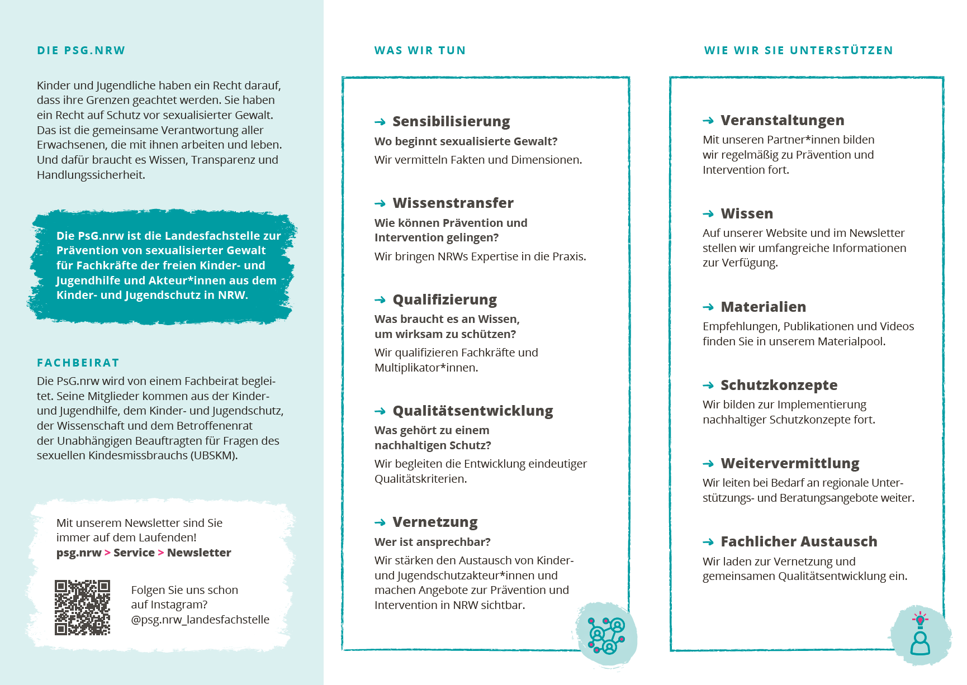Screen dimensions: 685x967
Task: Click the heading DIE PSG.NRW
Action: (81, 50)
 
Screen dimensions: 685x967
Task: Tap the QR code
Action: (82, 607)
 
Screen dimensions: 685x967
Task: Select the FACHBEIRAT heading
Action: (78, 363)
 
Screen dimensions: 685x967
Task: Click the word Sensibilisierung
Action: (451, 121)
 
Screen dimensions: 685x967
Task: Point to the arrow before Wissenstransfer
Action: (380, 203)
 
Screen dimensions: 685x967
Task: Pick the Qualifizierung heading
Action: (444, 299)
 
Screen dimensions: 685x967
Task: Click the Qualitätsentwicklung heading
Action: (472, 411)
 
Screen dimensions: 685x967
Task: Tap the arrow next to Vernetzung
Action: (380, 522)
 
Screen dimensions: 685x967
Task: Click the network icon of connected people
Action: (606, 635)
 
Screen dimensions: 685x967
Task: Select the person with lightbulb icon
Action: (919, 634)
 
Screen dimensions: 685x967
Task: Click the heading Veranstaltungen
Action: (782, 120)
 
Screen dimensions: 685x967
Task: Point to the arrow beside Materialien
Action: (708, 307)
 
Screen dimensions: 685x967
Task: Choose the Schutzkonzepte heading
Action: (779, 385)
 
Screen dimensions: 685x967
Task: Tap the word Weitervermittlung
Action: (790, 463)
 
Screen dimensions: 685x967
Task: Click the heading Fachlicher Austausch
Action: (799, 541)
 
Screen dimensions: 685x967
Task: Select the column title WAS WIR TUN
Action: (420, 50)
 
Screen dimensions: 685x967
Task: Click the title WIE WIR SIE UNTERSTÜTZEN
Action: (798, 50)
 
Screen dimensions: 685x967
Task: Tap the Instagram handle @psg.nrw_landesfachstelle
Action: (200, 620)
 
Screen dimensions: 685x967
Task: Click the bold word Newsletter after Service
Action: (199, 553)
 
